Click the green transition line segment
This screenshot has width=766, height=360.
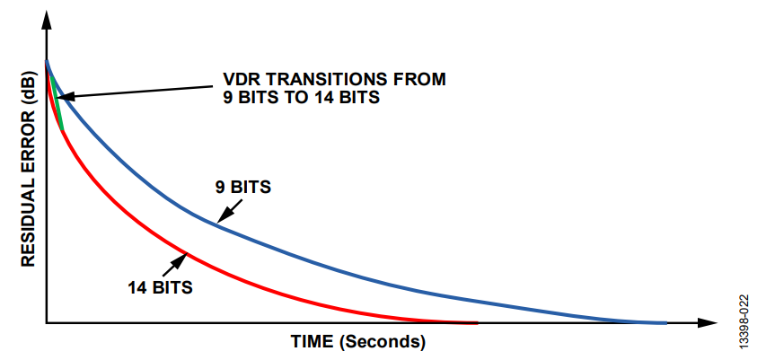(57, 102)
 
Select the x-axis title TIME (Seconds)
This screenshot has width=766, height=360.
(358, 341)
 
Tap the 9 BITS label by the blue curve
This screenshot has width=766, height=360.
(242, 187)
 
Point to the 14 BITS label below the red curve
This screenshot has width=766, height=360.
(160, 287)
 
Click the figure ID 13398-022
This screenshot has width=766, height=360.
(744, 321)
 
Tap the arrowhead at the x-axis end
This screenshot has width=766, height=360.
(708, 323)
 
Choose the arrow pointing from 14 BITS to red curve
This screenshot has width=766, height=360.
(175, 265)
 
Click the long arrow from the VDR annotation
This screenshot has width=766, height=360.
(136, 92)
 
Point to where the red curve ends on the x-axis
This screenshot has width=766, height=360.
(477, 322)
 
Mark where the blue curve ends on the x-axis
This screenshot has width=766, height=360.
(665, 322)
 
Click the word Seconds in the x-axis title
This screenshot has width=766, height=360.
(383, 341)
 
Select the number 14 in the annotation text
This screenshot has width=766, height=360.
(313, 97)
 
